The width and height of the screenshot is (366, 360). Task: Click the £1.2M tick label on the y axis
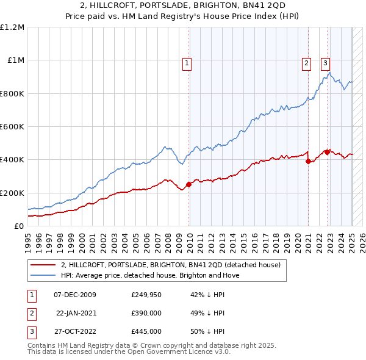pos(12,27)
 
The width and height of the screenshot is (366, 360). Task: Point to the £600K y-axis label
pos(12,127)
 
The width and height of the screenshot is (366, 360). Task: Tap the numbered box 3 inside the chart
pos(325,62)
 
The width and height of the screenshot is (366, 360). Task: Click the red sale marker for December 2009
pos(189,184)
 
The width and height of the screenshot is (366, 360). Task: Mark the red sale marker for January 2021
pos(309,161)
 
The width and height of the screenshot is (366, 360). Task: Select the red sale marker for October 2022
pos(328,152)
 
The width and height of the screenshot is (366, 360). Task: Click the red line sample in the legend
pos(43,265)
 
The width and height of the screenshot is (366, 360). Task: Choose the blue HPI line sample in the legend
pos(43,275)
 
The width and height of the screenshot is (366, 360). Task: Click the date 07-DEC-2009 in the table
pos(75,295)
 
